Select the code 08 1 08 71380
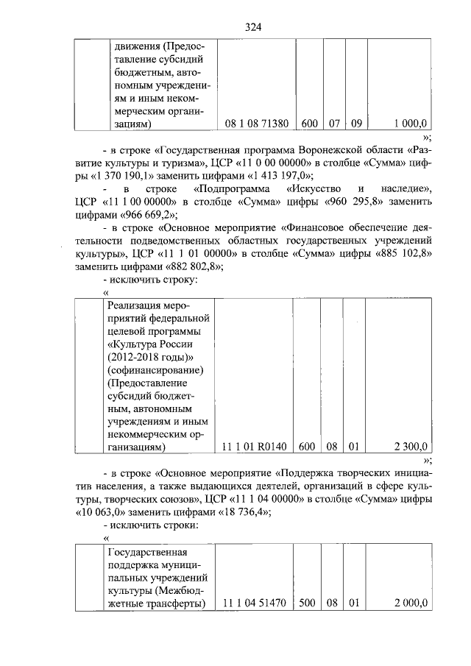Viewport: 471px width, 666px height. (257, 124)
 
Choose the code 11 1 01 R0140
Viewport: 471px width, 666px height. (254, 446)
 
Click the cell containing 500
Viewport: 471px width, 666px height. (308, 603)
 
